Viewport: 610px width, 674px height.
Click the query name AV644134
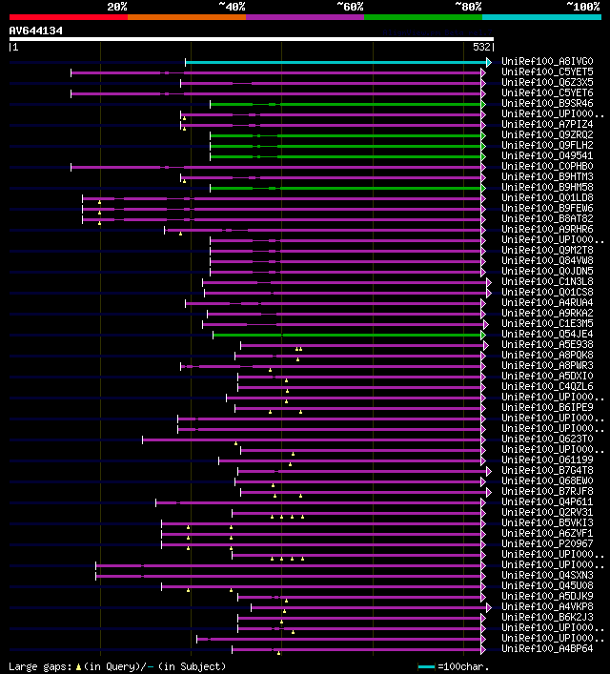(36, 31)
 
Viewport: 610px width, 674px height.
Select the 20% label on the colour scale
(117, 6)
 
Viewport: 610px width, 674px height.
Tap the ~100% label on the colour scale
(583, 6)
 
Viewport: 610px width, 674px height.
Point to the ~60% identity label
(350, 6)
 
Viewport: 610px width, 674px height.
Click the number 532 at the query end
(482, 47)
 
